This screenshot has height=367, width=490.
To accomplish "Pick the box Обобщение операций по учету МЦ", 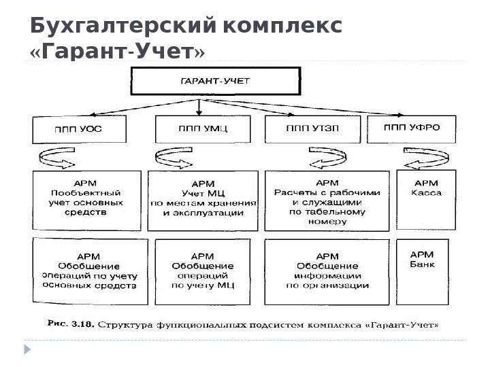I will (203, 270).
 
